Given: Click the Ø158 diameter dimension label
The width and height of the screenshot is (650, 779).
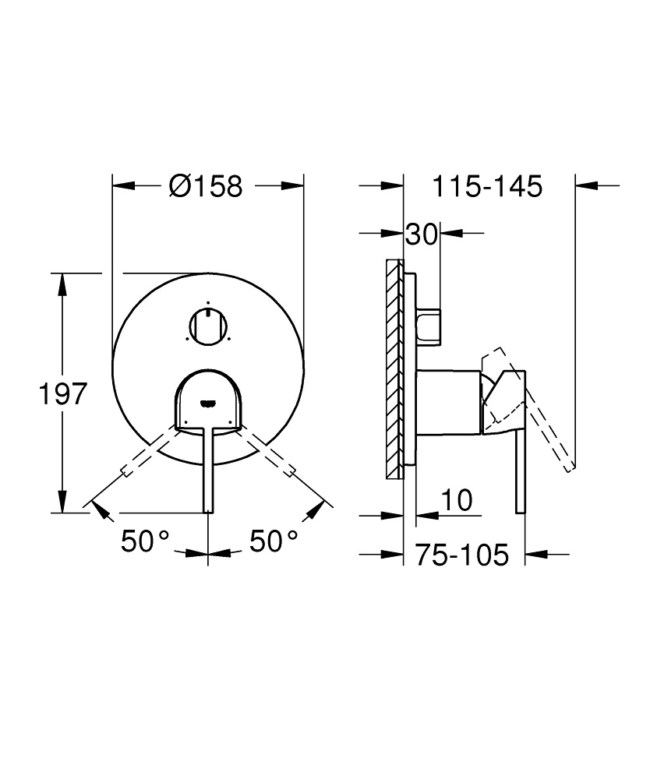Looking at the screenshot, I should tap(206, 186).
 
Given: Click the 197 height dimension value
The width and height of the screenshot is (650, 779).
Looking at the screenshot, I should tap(62, 394).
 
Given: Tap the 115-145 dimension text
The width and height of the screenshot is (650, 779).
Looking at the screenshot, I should tap(487, 187).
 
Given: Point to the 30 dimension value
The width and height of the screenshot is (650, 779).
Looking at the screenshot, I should tap(422, 235).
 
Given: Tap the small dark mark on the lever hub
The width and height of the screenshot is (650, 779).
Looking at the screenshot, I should tap(207, 403).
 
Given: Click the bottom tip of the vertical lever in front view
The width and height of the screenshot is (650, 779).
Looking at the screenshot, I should tap(208, 509).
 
